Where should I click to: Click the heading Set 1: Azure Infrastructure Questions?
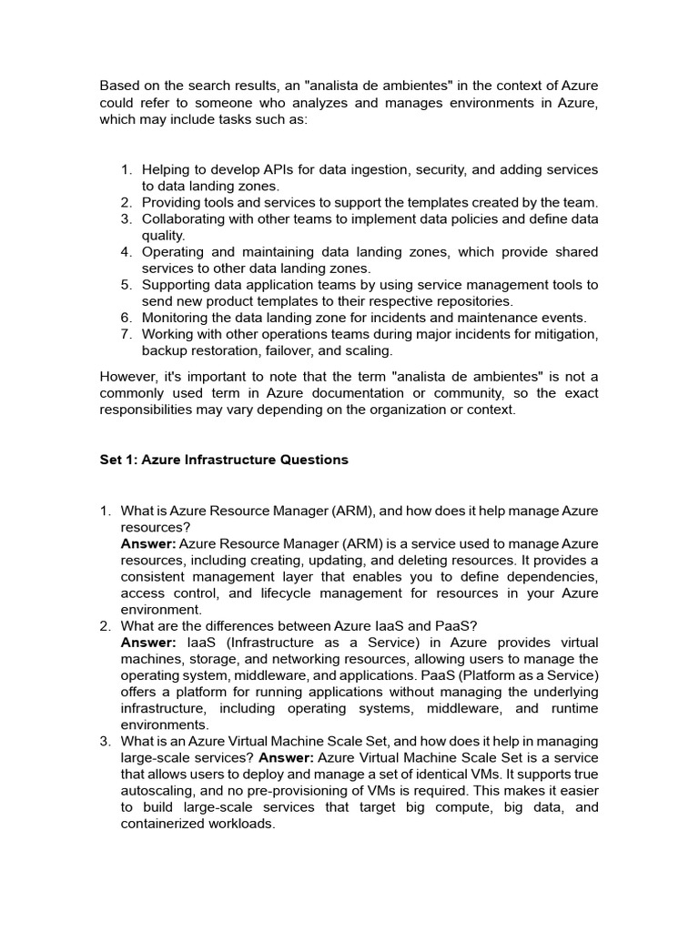(223, 460)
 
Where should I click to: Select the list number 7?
(127, 334)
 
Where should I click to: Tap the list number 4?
(127, 252)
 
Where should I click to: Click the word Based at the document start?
(121, 86)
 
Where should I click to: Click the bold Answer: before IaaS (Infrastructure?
(148, 643)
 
